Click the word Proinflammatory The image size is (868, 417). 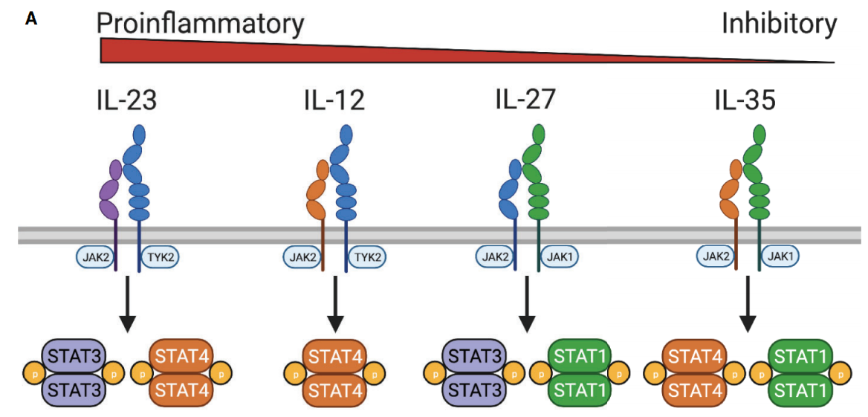click(x=201, y=25)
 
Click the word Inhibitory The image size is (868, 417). click(x=779, y=25)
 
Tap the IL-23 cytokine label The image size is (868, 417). click(x=126, y=99)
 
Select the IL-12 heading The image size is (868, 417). click(x=334, y=99)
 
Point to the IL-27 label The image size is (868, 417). click(x=525, y=99)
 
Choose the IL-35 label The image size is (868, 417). click(x=745, y=99)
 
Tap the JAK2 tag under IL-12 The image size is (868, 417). click(x=302, y=258)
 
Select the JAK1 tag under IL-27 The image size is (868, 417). click(x=558, y=257)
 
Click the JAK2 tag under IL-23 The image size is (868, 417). click(x=94, y=258)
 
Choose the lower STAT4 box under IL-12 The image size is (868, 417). click(x=335, y=389)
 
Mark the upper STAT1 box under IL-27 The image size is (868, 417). click(x=577, y=355)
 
